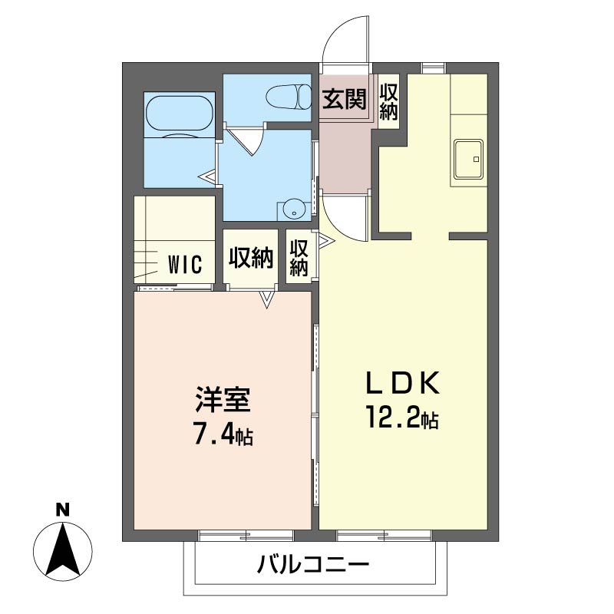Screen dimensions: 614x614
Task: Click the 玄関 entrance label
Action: click(x=344, y=100)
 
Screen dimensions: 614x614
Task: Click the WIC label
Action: click(x=185, y=265)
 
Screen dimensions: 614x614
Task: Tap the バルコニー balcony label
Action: click(x=313, y=566)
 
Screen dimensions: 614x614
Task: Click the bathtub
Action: click(x=179, y=116)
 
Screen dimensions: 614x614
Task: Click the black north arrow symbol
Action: click(x=64, y=550)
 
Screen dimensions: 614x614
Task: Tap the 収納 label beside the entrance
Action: click(x=388, y=101)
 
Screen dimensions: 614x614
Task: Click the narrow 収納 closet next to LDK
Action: click(x=299, y=259)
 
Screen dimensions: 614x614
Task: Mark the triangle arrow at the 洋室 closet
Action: click(x=266, y=299)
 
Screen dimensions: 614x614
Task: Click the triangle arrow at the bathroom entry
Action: click(x=207, y=178)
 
